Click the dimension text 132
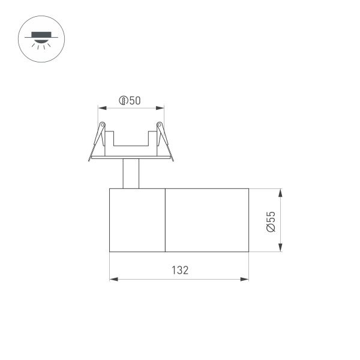tap(179, 270)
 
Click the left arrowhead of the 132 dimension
tap(113, 278)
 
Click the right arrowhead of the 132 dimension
tap(245, 278)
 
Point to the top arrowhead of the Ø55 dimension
tap(280, 192)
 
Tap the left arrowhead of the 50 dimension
tap(101, 108)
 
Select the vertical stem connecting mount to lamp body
tap(131, 174)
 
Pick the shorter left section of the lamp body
tap(137, 220)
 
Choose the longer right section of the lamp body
tap(206, 220)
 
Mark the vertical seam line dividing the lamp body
tap(164, 220)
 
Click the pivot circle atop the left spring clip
tap(102, 125)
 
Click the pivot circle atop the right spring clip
tap(160, 125)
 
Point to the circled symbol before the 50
tap(123, 101)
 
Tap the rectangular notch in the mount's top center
tap(131, 139)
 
